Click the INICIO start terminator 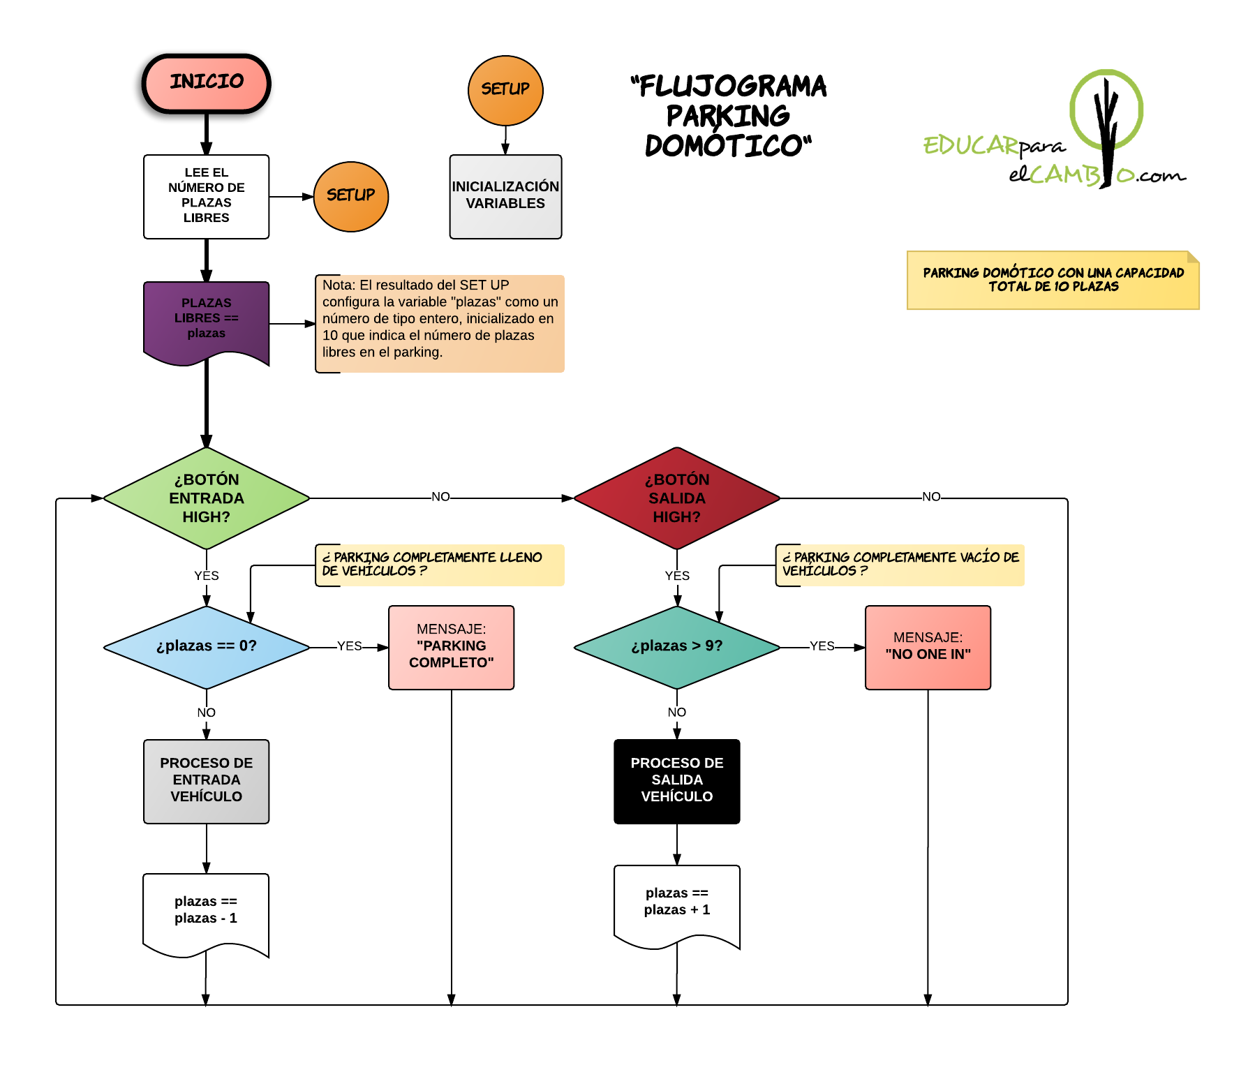(206, 83)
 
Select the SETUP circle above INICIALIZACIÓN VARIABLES (505, 90)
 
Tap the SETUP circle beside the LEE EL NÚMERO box (350, 196)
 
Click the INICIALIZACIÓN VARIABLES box (505, 196)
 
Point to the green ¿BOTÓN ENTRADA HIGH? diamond (206, 498)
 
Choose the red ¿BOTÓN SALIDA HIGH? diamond (676, 498)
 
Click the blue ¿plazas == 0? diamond (206, 647)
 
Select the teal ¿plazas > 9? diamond (676, 647)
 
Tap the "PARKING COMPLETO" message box (451, 647)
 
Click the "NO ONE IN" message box (928, 647)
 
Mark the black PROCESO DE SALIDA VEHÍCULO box (676, 781)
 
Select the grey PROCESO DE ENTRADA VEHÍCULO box (206, 781)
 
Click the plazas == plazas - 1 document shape (206, 911)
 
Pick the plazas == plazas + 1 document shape (676, 903)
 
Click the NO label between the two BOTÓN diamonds (440, 497)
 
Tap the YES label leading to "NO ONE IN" (822, 646)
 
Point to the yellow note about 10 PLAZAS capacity (1053, 280)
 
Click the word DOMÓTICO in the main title (727, 146)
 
